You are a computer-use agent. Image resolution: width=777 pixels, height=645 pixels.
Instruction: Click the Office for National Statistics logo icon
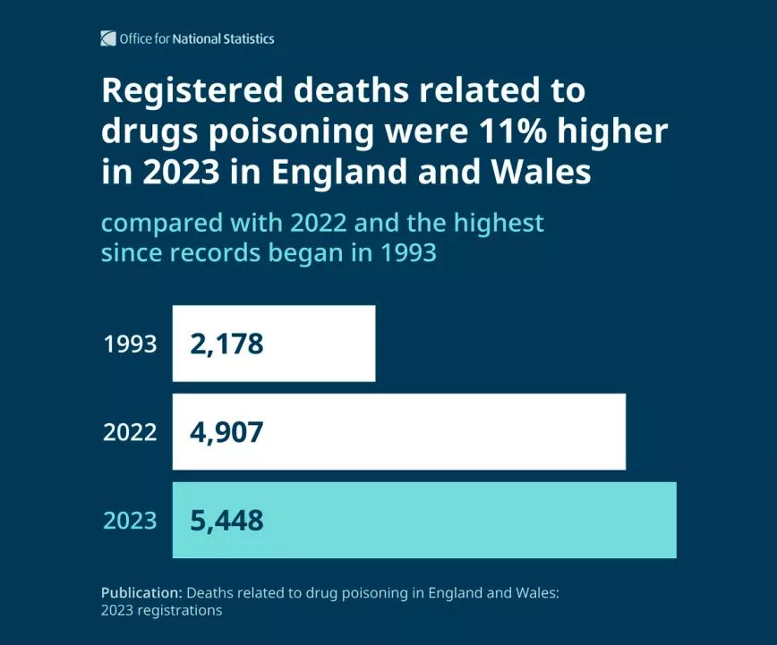tap(108, 38)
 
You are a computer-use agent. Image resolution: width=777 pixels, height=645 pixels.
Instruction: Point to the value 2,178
tap(226, 344)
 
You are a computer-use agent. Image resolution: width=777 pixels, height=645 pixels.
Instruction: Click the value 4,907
tap(226, 433)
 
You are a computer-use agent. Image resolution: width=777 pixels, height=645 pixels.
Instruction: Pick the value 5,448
tap(226, 521)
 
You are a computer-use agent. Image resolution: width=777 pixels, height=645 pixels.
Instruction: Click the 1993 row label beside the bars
tap(130, 344)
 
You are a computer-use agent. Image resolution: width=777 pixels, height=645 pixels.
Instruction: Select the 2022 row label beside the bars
tap(130, 433)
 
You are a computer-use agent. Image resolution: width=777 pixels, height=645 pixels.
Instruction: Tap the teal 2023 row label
tap(130, 521)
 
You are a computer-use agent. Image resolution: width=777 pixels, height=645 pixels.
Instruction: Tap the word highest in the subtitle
tap(500, 222)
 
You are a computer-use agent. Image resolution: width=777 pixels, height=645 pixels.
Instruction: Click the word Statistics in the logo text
tap(248, 38)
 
